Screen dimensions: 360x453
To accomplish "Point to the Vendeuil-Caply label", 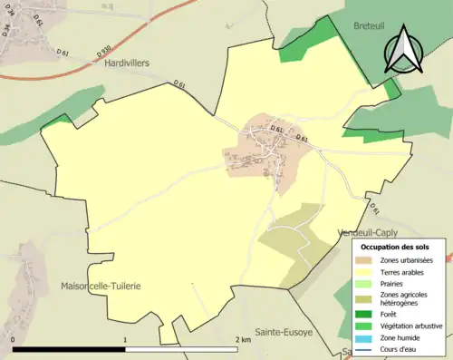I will (367, 232).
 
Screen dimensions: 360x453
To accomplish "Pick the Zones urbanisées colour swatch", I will (368, 260).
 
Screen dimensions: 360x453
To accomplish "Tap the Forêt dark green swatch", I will (368, 315).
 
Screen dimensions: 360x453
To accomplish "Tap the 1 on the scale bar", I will (125, 339).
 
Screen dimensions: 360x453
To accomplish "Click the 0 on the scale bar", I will (14, 339).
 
